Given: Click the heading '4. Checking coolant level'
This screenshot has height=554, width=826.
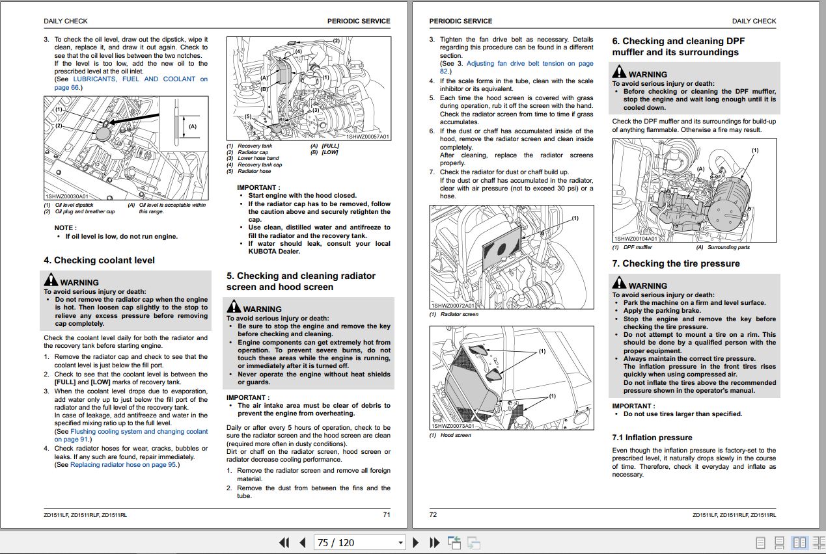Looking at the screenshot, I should click(99, 260).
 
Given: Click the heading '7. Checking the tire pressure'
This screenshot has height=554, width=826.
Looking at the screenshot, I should click(676, 263).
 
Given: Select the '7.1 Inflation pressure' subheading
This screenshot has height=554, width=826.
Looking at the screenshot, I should click(652, 438).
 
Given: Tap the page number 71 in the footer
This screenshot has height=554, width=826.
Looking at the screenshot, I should click(386, 515).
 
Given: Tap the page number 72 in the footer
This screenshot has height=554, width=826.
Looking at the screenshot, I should click(434, 515).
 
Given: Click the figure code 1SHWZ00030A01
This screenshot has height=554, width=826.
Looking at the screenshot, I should click(66, 196).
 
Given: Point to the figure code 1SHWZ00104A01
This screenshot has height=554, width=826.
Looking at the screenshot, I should click(635, 239).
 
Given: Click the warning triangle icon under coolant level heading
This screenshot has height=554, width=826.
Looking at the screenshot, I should click(51, 281).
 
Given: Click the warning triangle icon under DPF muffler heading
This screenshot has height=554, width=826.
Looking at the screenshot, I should click(619, 73).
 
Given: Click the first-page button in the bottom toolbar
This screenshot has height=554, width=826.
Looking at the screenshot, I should click(284, 542).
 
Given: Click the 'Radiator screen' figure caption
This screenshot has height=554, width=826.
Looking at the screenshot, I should click(459, 315).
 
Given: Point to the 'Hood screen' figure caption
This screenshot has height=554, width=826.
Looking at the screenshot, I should click(456, 435).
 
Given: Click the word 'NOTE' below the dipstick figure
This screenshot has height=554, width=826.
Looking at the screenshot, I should click(64, 228).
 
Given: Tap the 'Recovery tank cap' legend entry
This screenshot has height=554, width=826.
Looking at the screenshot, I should click(260, 165).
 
